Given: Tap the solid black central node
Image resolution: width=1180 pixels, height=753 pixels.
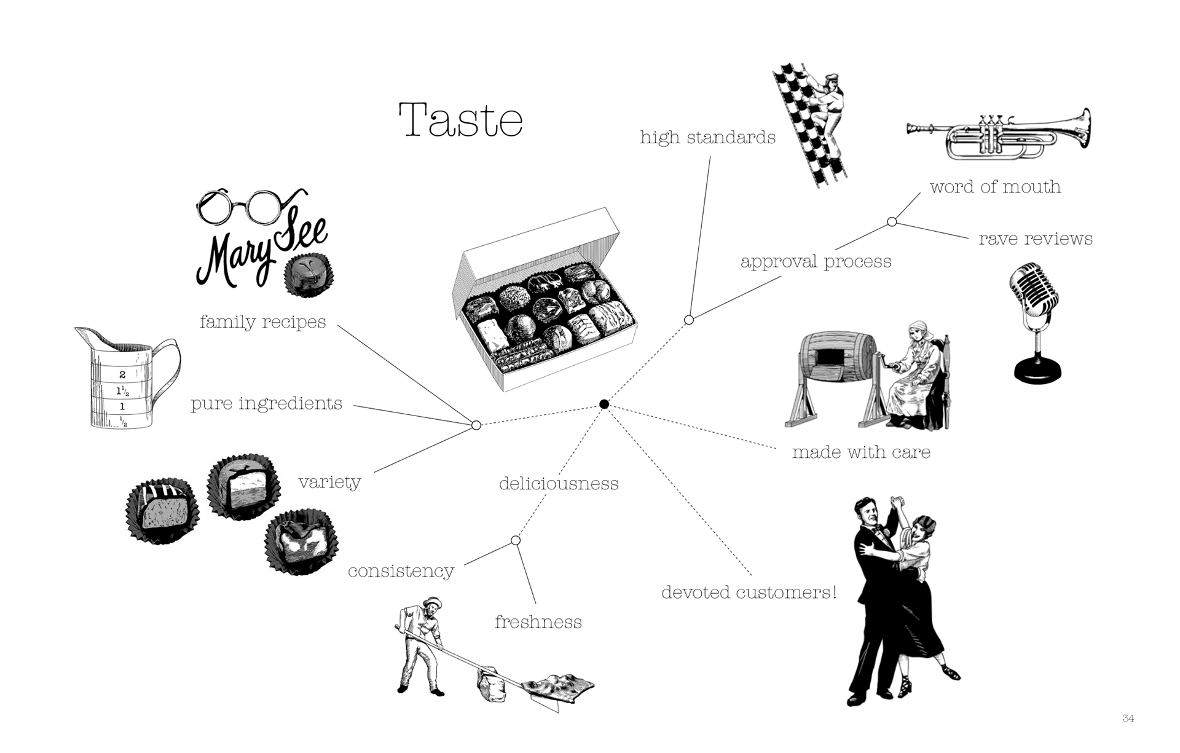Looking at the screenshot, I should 604,404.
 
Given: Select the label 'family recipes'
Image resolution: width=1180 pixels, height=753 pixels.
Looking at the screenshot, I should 262,321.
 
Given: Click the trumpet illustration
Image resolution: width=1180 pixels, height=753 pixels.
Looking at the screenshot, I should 999,134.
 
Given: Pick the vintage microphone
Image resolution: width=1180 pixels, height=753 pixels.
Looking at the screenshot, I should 1036,323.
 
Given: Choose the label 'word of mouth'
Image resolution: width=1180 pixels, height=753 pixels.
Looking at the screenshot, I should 995,187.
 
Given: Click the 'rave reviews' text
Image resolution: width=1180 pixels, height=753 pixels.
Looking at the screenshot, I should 1036,239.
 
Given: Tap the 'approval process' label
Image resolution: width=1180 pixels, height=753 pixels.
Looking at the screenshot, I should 816,261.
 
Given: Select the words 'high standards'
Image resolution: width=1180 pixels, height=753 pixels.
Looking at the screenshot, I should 707,137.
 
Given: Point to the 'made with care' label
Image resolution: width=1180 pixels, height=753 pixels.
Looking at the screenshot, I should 861,452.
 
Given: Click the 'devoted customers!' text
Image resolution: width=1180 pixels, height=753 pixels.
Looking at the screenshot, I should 749,593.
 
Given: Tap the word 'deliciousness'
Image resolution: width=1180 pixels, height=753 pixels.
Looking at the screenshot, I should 559,484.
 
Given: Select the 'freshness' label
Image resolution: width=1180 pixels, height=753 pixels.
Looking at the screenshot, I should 538,622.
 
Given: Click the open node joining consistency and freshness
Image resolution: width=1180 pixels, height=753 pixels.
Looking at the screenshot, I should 516,540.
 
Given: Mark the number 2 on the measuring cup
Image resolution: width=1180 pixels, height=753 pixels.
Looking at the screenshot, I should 122,374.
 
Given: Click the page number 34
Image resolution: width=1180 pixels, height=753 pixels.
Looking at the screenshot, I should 1128,718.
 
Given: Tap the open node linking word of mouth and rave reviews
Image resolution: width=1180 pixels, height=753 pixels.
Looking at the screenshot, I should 892,222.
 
